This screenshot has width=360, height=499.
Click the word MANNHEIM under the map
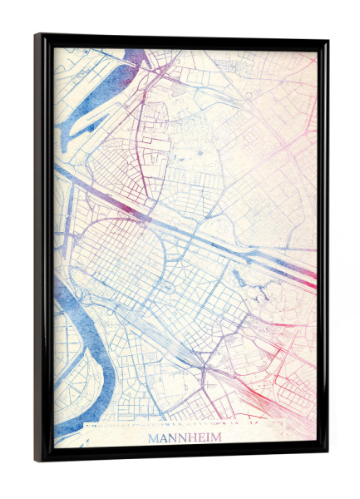pyautogui.click(x=185, y=437)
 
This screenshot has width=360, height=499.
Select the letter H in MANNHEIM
pyautogui.click(x=192, y=437)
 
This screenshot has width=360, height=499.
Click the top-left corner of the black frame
pyautogui.click(x=37, y=36)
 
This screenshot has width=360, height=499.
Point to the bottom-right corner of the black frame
pyautogui.click(x=326, y=455)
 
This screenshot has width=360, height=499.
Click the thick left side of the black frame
pyautogui.click(x=42, y=249)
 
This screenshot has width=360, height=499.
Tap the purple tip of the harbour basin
pyautogui.click(x=136, y=57)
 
